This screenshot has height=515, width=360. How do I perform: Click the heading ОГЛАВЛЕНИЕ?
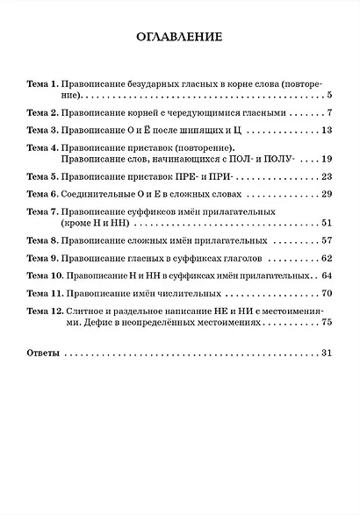coord(180,38)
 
